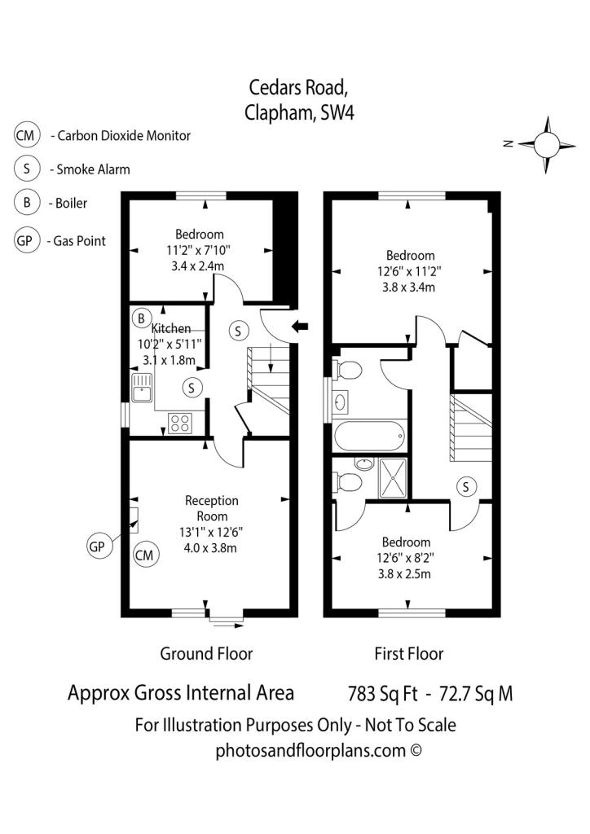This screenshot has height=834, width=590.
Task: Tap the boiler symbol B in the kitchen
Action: [142, 318]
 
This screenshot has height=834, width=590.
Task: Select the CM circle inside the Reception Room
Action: [145, 555]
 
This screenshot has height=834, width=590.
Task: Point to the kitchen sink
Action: [142, 388]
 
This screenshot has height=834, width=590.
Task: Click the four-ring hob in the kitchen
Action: [179, 424]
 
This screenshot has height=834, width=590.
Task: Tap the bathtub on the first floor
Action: [370, 437]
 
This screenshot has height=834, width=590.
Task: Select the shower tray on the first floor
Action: [393, 477]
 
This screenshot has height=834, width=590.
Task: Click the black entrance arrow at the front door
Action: [300, 326]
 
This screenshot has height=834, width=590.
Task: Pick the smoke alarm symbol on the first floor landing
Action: [466, 486]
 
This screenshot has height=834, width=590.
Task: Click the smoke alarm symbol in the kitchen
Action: [192, 387]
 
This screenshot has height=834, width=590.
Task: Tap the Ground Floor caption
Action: [206, 654]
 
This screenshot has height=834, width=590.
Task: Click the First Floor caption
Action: [408, 654]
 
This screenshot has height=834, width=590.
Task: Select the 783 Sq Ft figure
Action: [383, 694]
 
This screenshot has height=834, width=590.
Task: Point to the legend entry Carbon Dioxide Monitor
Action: [124, 136]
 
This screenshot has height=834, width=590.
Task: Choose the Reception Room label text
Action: [212, 508]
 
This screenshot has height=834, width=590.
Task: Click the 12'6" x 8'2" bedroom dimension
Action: [406, 558]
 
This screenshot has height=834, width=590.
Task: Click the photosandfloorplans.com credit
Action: [319, 750]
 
